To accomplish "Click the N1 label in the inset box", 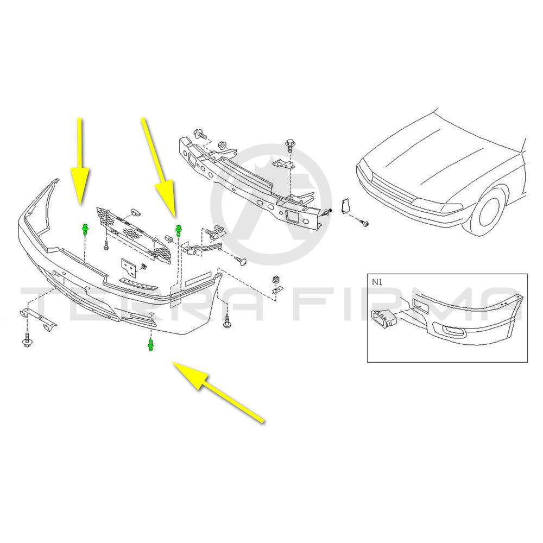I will coord(376,282).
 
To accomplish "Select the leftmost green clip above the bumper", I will coord(85,229).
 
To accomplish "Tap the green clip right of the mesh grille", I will coord(178,229).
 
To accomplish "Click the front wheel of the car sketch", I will coord(487,212).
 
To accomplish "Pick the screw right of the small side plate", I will coord(364,223).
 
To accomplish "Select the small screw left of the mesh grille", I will coord(105,246).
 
